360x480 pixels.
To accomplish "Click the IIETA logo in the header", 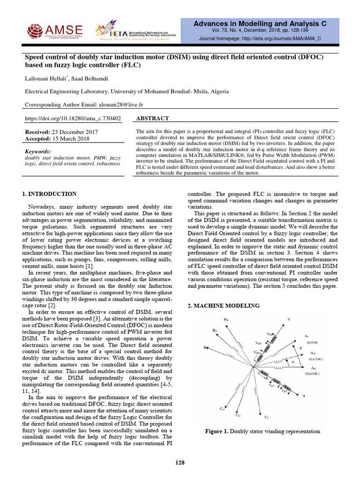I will (x=136, y=31).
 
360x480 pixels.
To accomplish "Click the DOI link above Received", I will (x=72, y=119).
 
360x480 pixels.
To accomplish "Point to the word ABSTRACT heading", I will (x=152, y=119).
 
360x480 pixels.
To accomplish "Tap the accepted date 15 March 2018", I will (x=74, y=139).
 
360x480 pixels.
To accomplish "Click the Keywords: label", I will (x=37, y=152).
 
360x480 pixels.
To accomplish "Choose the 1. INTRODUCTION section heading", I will (x=50, y=194).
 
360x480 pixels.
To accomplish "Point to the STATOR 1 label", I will (x=314, y=375).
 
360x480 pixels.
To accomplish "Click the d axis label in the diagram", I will (x=289, y=320).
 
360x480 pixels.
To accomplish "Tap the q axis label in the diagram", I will (x=303, y=396).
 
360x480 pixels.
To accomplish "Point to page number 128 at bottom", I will (x=180, y=463).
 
